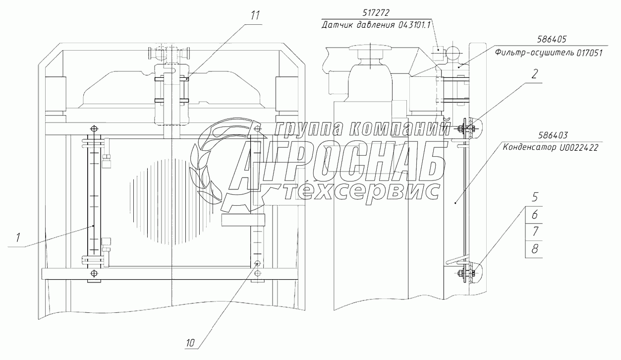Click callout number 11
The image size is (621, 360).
(x=255, y=15)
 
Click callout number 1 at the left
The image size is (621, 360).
(x=18, y=238)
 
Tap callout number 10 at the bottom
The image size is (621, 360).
(x=190, y=343)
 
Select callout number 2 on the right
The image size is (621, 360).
(x=534, y=74)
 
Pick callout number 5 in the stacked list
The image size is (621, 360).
(x=535, y=197)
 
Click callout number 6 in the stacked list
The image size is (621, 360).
(x=535, y=214)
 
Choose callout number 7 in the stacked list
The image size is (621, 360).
(x=535, y=232)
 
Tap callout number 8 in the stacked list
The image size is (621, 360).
(x=535, y=249)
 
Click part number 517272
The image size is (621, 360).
(x=376, y=13)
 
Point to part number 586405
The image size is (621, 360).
(x=552, y=39)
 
